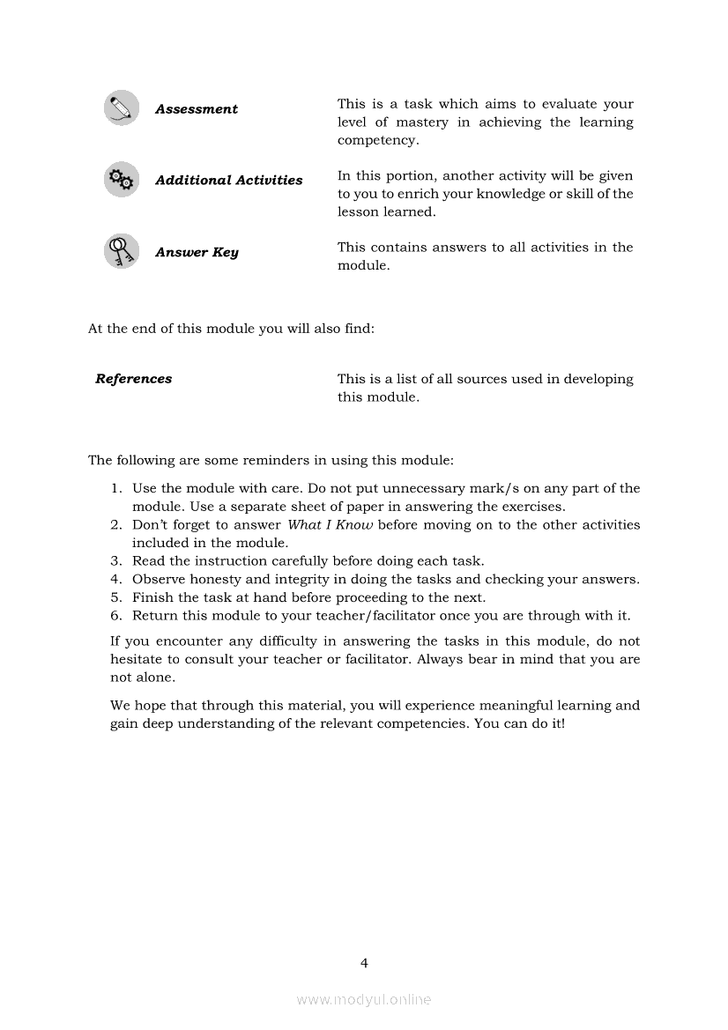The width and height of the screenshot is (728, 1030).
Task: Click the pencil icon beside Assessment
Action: [x=122, y=108]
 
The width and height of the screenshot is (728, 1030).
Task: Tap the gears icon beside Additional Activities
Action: [x=122, y=180]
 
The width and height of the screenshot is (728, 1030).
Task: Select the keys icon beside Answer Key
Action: [x=122, y=251]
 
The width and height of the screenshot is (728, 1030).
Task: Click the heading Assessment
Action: [x=197, y=109]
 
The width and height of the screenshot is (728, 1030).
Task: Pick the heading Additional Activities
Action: [x=228, y=181]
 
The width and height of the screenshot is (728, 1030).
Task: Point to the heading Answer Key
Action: [x=197, y=253]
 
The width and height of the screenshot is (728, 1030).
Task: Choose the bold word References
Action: [x=134, y=379]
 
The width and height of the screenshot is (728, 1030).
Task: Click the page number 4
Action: [x=364, y=963]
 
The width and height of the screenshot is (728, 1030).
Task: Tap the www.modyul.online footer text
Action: [x=364, y=1000]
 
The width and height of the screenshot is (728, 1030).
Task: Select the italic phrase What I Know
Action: [x=331, y=525]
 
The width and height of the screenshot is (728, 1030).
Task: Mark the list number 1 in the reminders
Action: [x=116, y=489]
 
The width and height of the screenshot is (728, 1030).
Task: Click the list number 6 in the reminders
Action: [x=116, y=616]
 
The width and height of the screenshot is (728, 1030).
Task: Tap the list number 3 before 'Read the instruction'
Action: [x=116, y=561]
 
